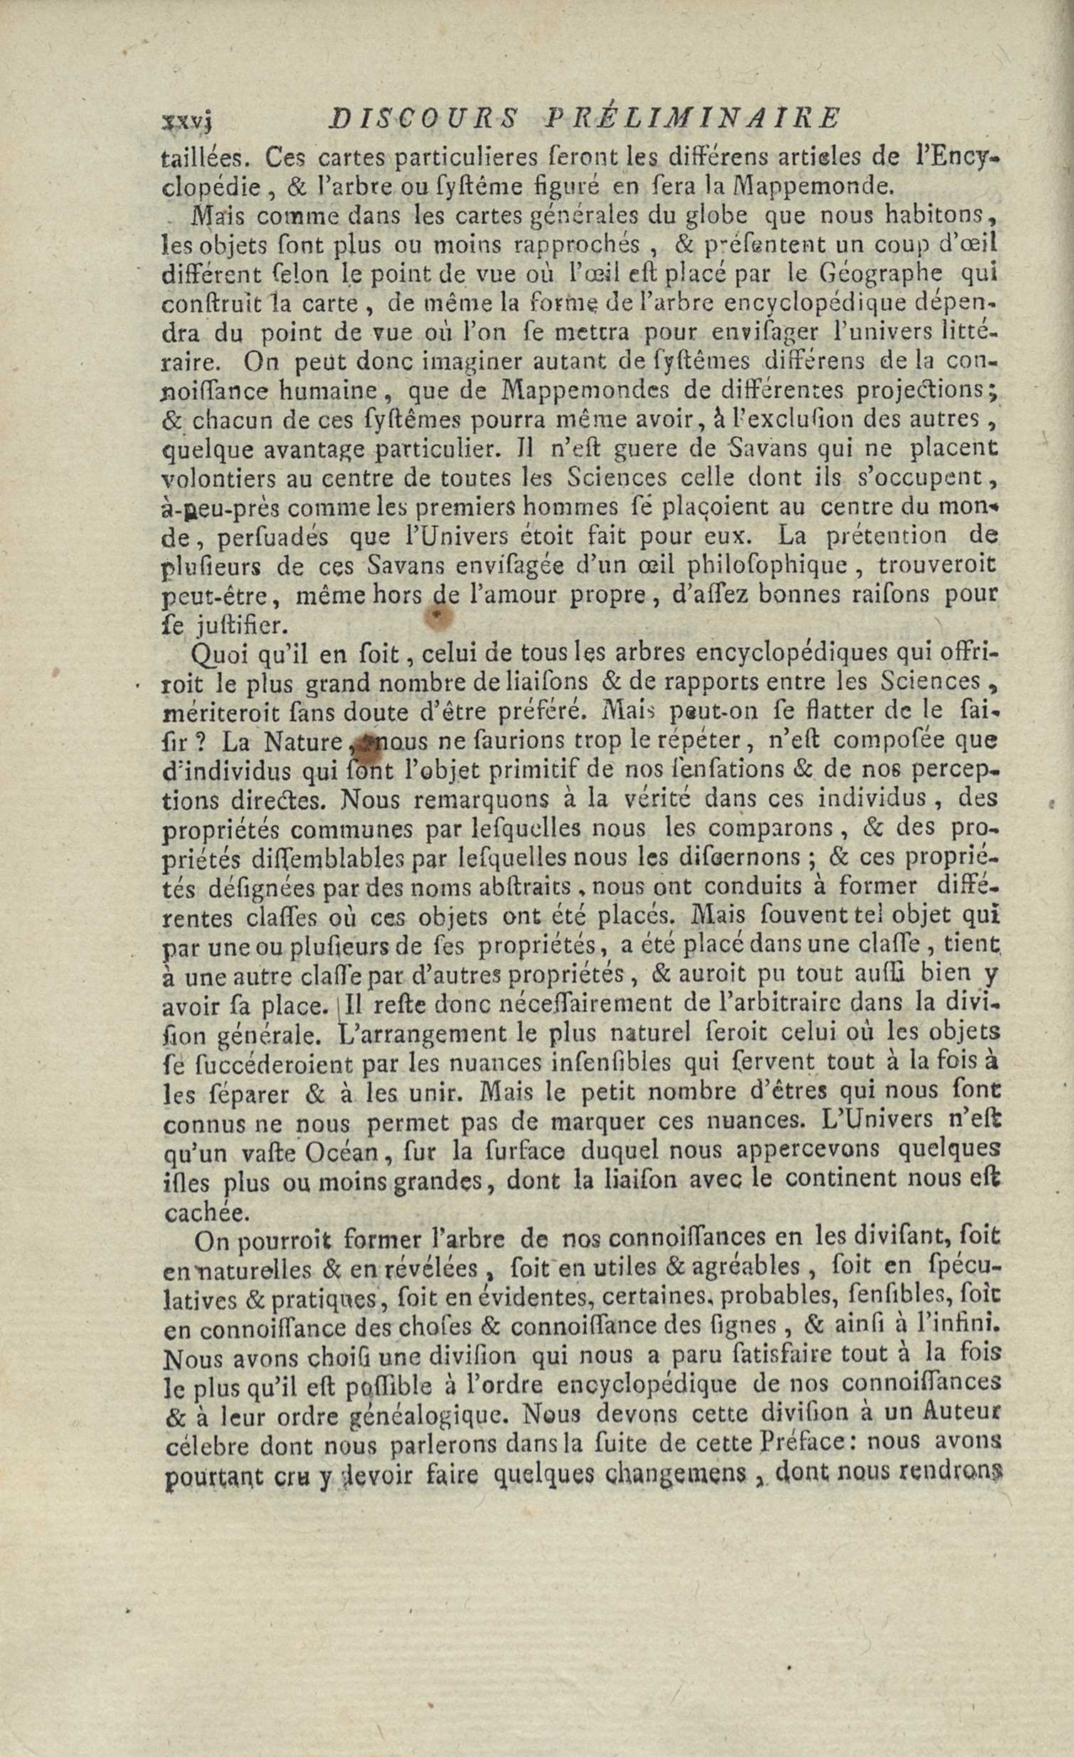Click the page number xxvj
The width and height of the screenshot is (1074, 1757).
click(x=188, y=121)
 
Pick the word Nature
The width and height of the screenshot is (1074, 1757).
click(x=303, y=743)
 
